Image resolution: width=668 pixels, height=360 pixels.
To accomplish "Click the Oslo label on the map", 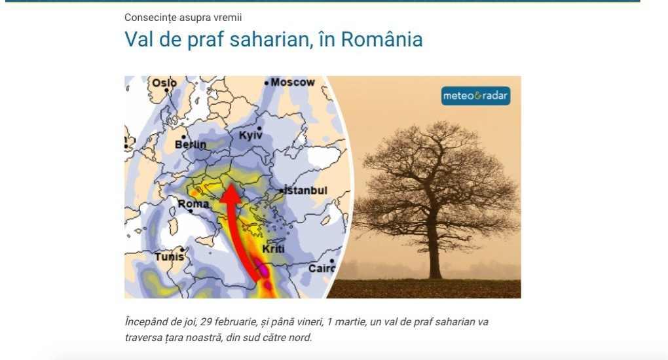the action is pos(164,82).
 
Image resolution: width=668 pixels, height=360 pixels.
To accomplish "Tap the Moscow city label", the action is pos(293,82).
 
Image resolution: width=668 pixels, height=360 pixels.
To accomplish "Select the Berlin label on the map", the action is pos(191,145).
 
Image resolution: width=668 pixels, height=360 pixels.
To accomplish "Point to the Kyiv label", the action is pos(250,135).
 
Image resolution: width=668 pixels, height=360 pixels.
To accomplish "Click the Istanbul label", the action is pos(306,190).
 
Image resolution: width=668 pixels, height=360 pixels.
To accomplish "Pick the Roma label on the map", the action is pos(193,204).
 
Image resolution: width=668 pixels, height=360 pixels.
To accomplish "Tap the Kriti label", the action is pos(273,249).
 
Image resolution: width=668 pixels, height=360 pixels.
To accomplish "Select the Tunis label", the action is pos(170,257).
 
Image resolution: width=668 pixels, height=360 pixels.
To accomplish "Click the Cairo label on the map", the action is pos(322,268).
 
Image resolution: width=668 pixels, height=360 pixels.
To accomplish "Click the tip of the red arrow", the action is pos(231,184).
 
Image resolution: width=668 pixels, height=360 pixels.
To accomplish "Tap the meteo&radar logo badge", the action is pos(475,96).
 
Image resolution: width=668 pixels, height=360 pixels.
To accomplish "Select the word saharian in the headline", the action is pos(269,39).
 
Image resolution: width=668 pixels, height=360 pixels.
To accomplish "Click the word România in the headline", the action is pos(382,39).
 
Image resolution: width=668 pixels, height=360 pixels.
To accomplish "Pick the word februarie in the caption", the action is pos(236,321).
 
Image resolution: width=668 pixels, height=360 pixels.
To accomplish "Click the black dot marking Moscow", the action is pos(267,82).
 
